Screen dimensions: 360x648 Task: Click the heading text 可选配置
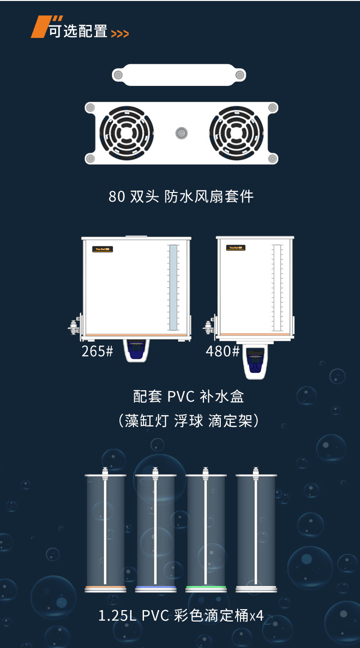pos(78,31)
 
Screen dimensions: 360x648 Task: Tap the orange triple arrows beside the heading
pos(120,34)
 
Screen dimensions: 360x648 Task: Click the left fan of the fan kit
pos(127,133)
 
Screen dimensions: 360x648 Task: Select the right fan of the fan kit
pos(236,133)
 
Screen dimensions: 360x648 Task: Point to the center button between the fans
pos(181,133)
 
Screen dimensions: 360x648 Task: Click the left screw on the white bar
pos(118,75)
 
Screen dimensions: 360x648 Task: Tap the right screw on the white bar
pos(240,75)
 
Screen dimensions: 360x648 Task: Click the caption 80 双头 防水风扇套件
pos(181,196)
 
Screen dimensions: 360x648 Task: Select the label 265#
pos(97,351)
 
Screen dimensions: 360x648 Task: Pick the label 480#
pos(222,351)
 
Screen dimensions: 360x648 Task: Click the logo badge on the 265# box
pos(102,249)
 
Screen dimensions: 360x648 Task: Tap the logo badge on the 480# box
pos(236,248)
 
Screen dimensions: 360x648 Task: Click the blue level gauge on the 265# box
pos(173,288)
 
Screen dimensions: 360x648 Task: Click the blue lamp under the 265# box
pos(136,349)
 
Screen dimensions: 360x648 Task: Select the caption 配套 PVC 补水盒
pos(189,396)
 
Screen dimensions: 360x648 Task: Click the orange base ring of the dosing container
pos(106,588)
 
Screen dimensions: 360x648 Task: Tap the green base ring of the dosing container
pos(206,588)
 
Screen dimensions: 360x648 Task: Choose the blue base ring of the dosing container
pos(156,588)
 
